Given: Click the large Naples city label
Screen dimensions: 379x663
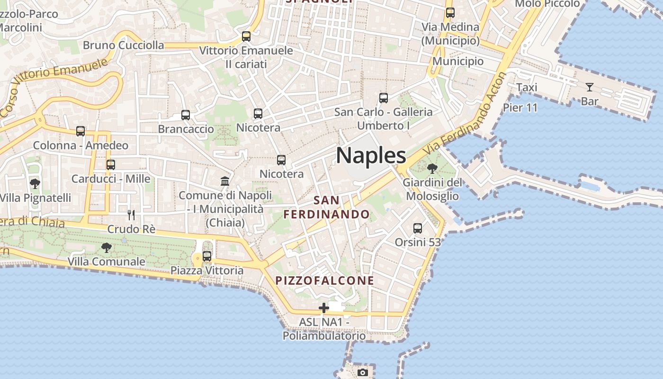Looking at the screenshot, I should point(371,155).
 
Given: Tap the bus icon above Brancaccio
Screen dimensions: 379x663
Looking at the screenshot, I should point(186,115).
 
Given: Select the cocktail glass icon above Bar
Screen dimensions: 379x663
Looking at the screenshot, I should point(590,87).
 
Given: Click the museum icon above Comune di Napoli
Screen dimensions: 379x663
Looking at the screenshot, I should point(225,181).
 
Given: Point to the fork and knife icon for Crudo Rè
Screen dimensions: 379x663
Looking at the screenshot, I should point(131,215).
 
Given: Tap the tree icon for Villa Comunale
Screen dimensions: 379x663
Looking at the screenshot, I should point(107,247).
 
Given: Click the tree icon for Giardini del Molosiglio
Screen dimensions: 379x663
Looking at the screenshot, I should point(432,169).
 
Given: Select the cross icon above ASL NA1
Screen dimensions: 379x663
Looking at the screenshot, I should point(324,308).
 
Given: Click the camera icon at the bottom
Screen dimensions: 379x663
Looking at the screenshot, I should point(363,372).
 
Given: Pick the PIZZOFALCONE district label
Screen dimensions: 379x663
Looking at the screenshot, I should point(325,280).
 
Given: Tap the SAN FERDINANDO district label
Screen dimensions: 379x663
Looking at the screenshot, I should point(326,208).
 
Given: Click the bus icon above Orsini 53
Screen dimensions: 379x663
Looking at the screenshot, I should point(418,228).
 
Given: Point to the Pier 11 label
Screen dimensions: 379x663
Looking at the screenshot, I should point(520,108).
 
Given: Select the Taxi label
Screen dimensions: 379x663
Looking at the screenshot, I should point(527,88).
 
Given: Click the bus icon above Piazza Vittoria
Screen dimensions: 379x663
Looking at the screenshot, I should point(207,256).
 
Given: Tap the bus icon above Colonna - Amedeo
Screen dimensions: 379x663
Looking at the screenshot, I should point(81,131).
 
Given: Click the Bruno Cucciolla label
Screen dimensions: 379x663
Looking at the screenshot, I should point(123,45).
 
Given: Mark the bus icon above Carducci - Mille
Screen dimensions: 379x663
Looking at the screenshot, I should point(111,165).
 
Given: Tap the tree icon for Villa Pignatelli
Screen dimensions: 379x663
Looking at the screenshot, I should point(35,184).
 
